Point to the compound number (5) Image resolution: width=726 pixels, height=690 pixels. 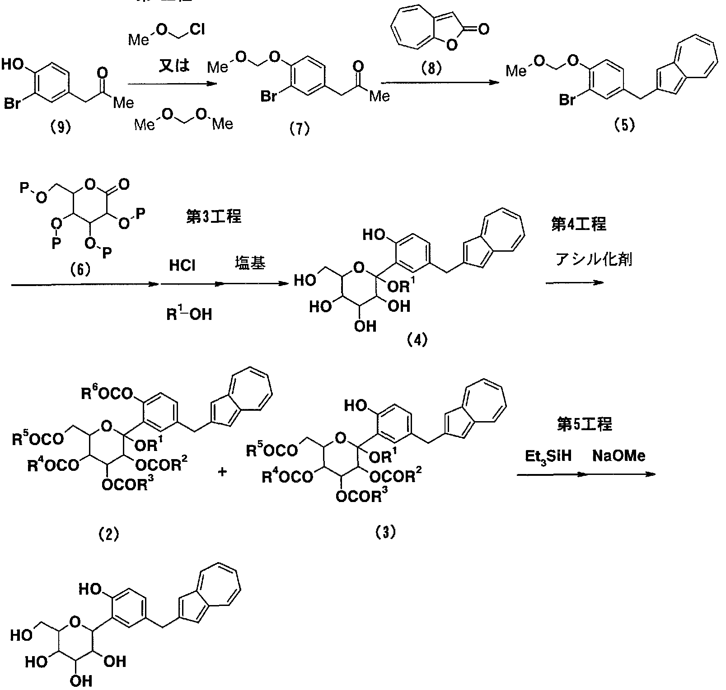624,125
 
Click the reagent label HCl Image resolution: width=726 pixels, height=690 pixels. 182,265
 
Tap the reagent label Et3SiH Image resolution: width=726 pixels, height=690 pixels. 548,456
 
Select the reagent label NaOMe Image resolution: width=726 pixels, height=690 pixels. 618,456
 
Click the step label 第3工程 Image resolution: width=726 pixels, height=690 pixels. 213,217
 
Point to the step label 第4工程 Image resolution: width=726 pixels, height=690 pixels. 578,224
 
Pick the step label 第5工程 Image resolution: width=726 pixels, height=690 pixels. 585,424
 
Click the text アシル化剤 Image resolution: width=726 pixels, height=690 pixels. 593,260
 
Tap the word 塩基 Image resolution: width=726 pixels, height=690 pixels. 249,263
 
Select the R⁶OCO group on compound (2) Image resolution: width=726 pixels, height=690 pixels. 107,393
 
